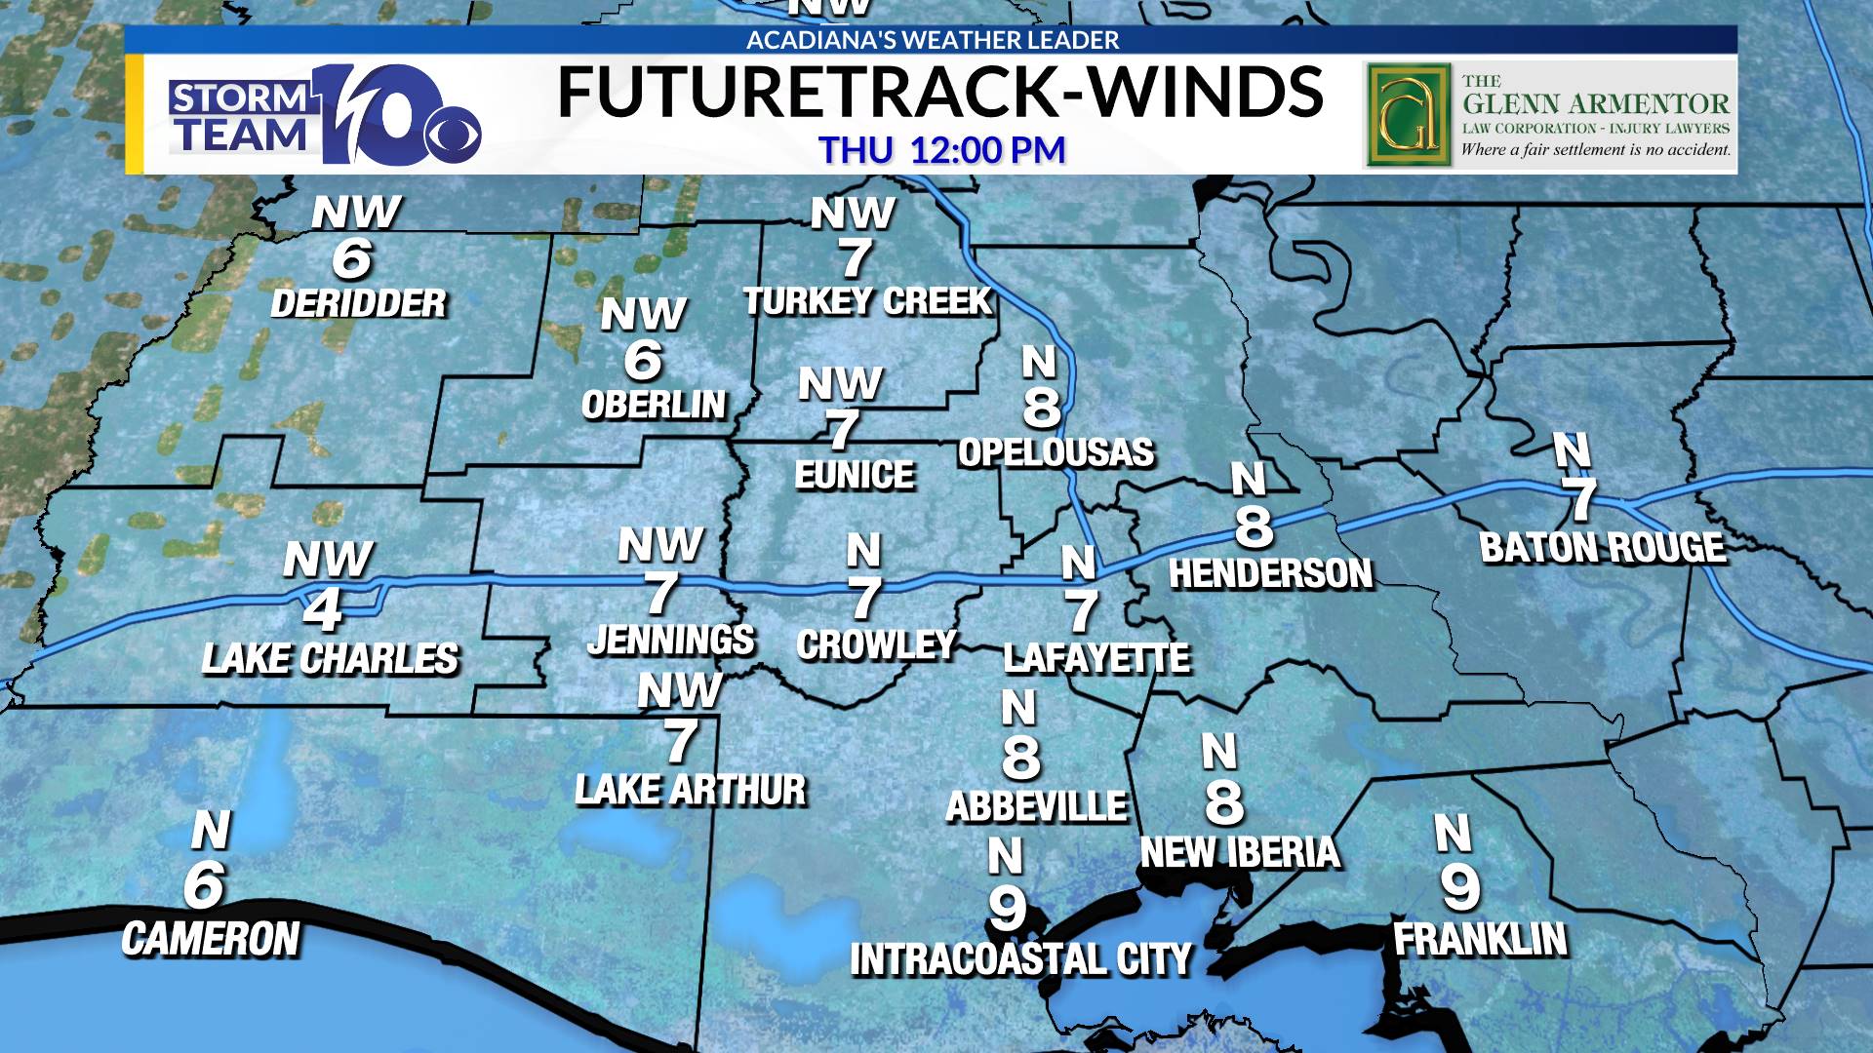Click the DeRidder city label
358,303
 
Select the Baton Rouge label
1603,547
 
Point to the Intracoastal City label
1021,959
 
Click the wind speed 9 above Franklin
1460,886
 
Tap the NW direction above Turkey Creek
853,214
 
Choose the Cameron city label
211,939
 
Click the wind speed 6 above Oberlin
643,360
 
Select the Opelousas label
1056,452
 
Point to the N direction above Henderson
1249,480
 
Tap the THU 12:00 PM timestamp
941,150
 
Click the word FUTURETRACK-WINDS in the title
939,93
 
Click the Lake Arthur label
691,790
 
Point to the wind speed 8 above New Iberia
1224,801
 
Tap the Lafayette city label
1096,659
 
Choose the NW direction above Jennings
660,545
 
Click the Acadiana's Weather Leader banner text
933,40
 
